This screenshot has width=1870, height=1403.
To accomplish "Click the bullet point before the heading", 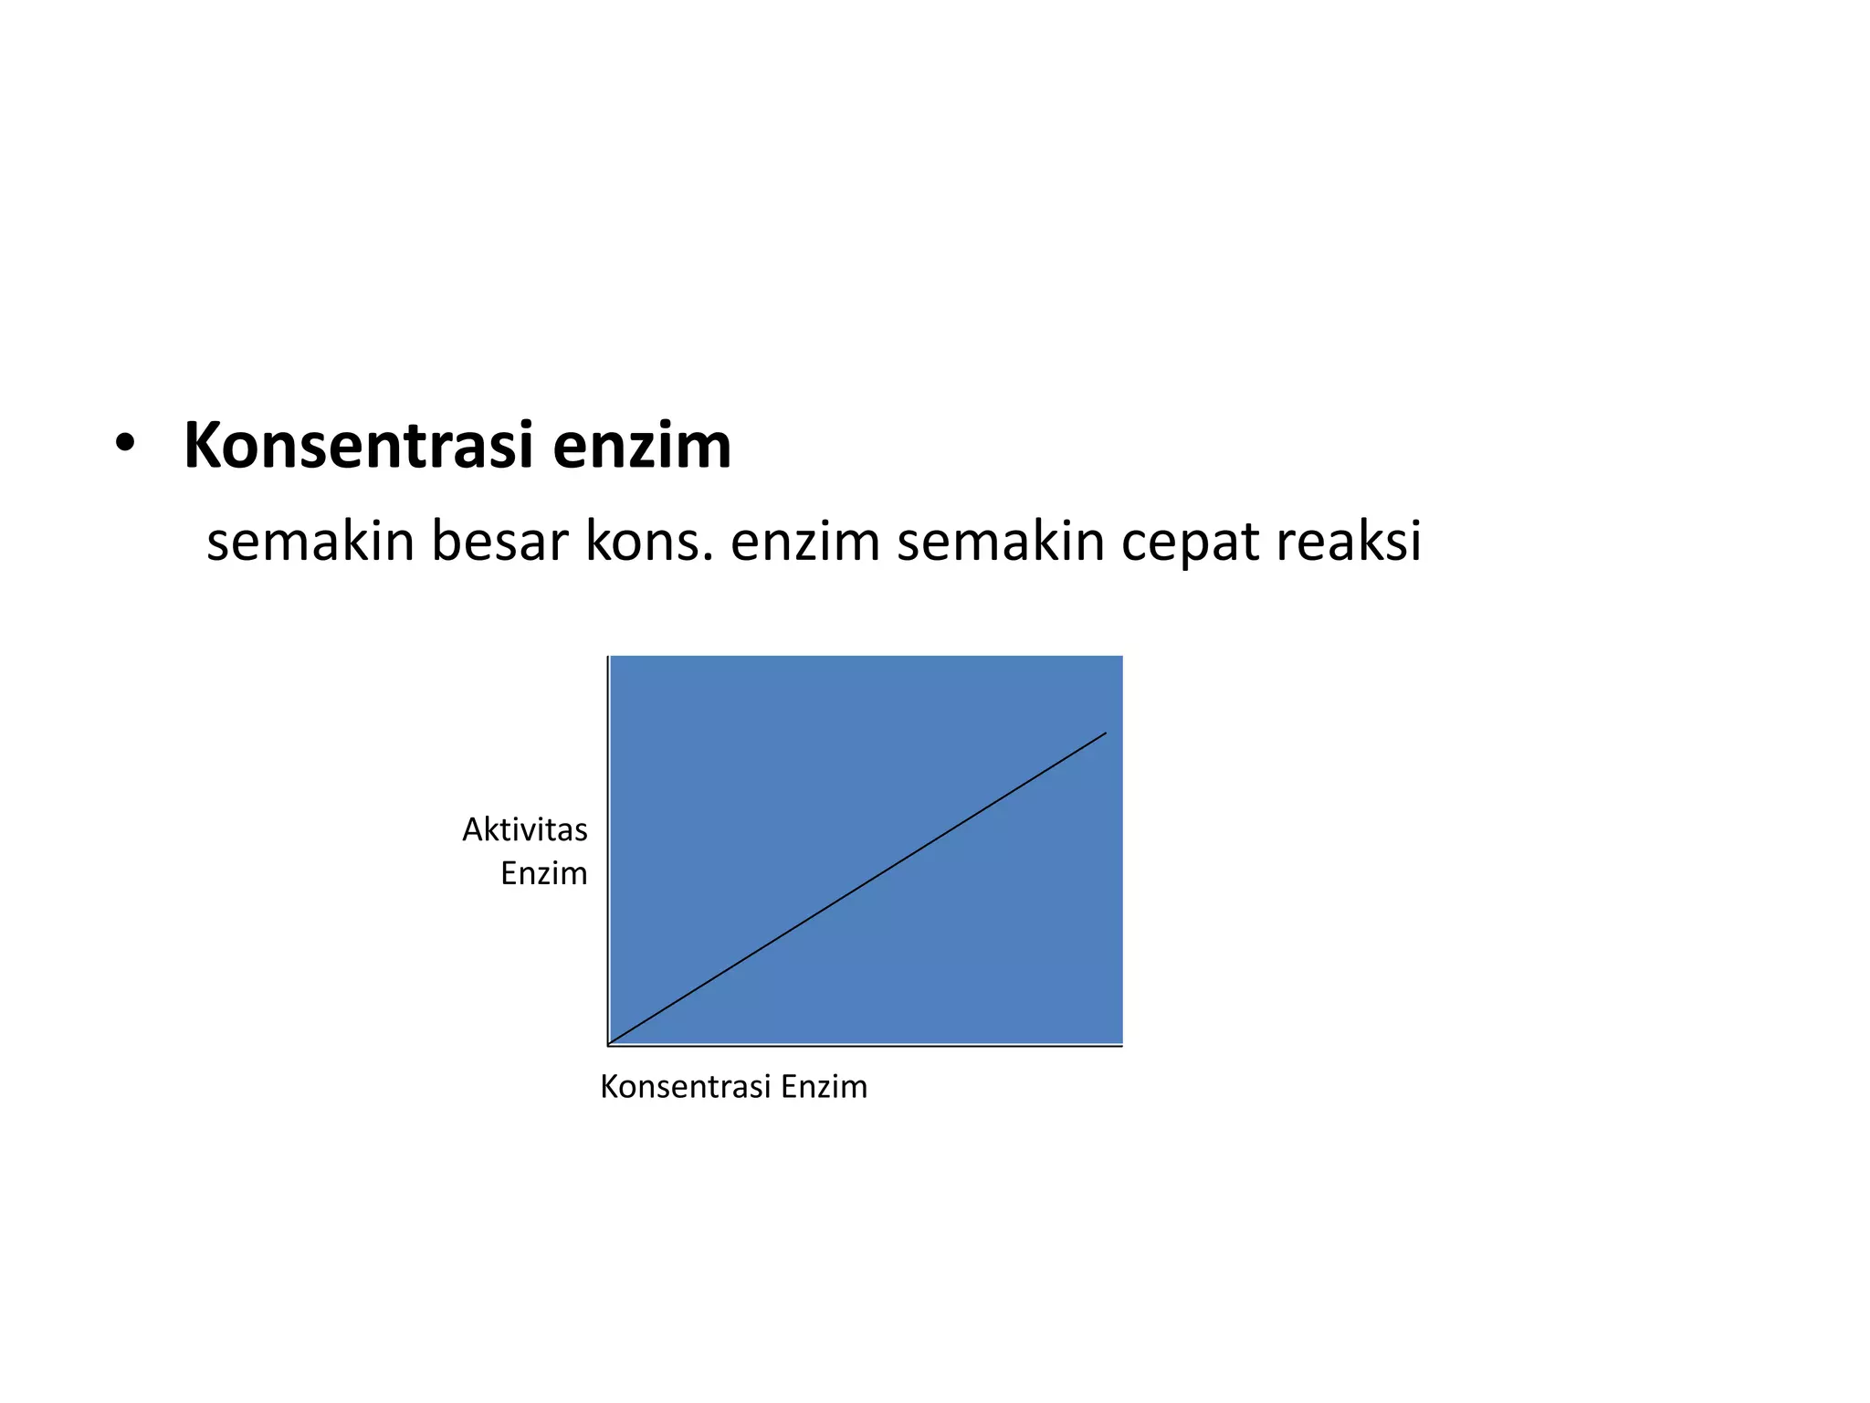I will (x=125, y=445).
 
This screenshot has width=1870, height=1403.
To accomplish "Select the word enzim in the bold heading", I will (x=641, y=446).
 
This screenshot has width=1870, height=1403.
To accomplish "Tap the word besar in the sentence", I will (x=499, y=541).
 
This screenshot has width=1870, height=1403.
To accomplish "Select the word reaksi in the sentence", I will (x=1349, y=541).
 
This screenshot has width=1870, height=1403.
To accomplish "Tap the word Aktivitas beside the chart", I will (x=525, y=829).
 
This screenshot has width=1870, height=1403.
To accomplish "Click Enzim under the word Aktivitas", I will (x=544, y=873).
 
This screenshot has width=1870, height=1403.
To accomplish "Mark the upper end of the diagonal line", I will (x=1106, y=733).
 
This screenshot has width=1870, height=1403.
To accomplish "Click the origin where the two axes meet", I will (x=608, y=1045).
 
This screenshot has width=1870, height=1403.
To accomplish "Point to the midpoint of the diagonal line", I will (x=857, y=889).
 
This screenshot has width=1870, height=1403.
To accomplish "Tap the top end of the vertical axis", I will (x=608, y=658).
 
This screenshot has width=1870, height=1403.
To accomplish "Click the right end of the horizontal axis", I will (x=1121, y=1046).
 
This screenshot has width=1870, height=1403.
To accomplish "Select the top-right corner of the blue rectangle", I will (x=1121, y=657).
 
